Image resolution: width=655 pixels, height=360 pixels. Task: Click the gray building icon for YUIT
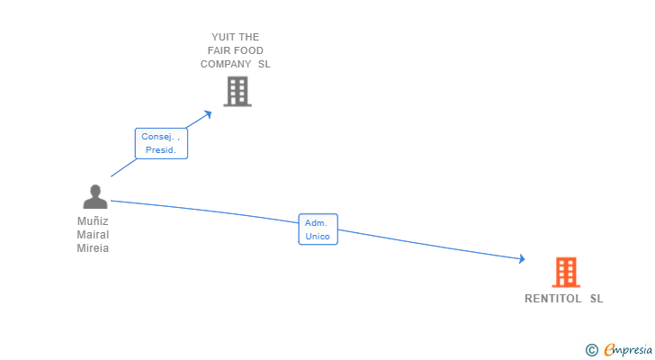(x=237, y=91)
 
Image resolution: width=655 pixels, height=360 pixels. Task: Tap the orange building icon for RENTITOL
(x=565, y=272)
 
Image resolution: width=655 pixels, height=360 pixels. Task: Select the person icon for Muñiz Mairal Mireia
(x=94, y=197)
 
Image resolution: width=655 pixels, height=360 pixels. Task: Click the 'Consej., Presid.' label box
(x=161, y=143)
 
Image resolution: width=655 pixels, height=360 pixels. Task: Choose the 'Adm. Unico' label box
(x=318, y=229)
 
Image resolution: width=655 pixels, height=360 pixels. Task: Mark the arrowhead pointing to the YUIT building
(x=209, y=112)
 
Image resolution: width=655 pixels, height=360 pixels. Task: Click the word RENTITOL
(x=552, y=299)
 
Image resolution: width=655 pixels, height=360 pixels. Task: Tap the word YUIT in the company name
(x=222, y=37)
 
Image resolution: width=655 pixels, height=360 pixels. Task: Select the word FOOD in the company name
(x=247, y=50)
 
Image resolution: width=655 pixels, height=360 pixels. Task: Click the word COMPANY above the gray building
(x=226, y=64)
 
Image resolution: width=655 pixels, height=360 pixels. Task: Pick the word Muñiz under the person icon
(x=93, y=220)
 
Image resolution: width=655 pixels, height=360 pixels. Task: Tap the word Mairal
(x=93, y=234)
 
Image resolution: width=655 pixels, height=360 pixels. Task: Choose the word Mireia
(x=93, y=248)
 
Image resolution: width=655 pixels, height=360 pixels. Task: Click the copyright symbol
(x=591, y=349)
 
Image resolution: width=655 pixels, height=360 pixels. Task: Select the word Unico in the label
(x=318, y=237)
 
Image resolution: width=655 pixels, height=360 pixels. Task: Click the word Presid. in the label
(x=161, y=150)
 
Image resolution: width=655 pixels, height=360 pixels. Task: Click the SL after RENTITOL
(x=597, y=299)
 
